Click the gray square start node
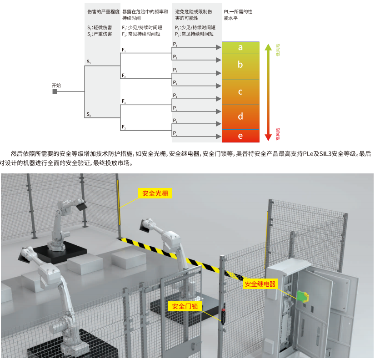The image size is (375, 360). [55, 91]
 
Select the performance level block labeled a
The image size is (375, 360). [240, 48]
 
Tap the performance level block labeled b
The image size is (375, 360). [240, 66]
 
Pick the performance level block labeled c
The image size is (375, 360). [240, 91]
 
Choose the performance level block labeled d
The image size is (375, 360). [240, 117]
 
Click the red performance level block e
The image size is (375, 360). [240, 136]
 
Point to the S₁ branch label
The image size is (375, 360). [89, 62]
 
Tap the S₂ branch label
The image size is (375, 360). [89, 114]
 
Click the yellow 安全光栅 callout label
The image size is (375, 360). [155, 193]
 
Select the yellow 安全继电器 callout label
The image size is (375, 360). [260, 284]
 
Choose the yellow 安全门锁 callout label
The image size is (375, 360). [185, 306]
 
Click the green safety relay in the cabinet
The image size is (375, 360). [303, 296]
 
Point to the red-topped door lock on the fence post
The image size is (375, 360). [223, 316]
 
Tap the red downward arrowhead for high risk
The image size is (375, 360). [268, 137]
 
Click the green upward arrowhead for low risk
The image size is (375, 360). [268, 47]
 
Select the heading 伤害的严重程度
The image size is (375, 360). [103, 11]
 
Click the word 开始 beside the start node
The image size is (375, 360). [56, 85]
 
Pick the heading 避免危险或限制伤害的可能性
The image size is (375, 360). [194, 15]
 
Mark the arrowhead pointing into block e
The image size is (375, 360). [218, 137]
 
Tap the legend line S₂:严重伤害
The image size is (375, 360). [100, 34]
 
